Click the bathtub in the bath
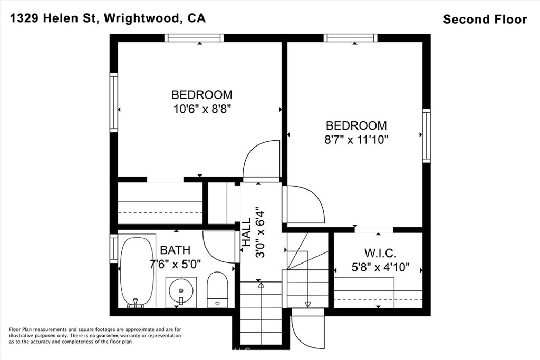tap(137, 270)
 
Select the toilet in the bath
tap(218, 289)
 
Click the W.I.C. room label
tap(380, 254)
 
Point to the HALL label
tap(246, 232)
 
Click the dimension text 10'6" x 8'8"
tap(202, 110)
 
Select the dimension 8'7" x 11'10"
tap(356, 140)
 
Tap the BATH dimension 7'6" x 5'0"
tap(175, 264)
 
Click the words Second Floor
tap(485, 20)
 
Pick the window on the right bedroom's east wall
tap(427, 135)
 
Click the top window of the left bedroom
tap(194, 38)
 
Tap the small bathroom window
tap(114, 248)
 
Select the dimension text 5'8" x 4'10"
tap(380, 267)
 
